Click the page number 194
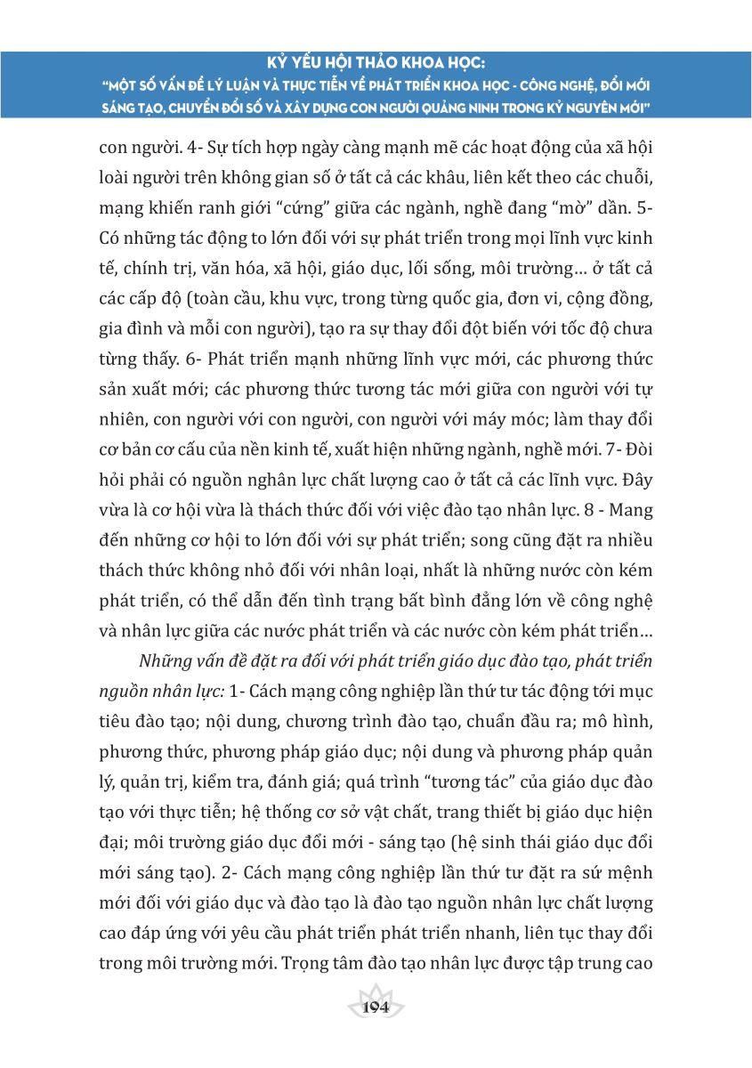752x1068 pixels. pyautogui.click(x=376, y=1007)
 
